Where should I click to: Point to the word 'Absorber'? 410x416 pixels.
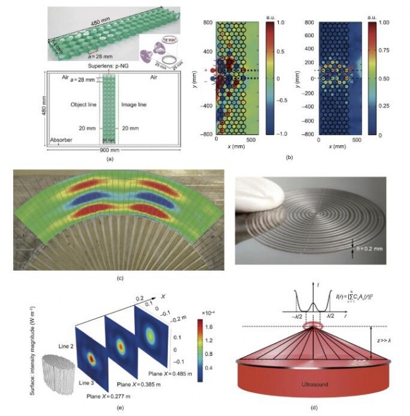(x=62, y=142)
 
